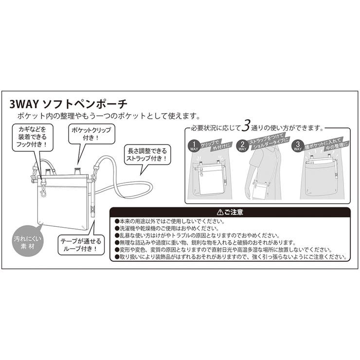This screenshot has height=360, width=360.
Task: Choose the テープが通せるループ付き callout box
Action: pyautogui.click(x=80, y=244)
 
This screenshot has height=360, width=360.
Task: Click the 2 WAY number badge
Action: pyautogui.click(x=242, y=146)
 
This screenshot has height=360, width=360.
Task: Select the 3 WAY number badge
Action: pyautogui.click(x=296, y=146)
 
